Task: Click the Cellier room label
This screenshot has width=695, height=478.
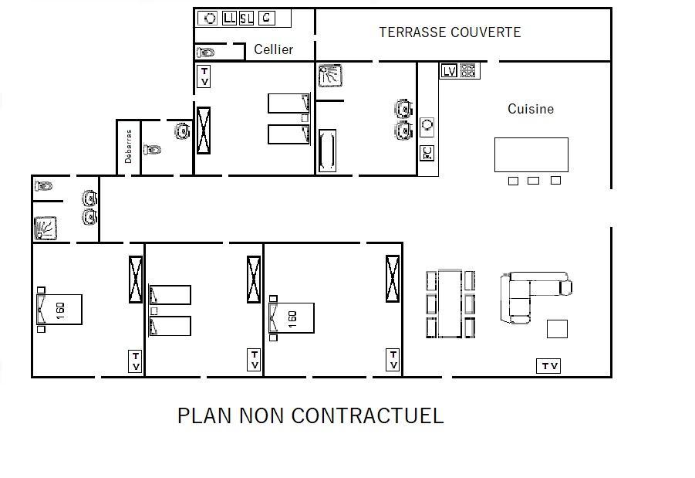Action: pyautogui.click(x=273, y=49)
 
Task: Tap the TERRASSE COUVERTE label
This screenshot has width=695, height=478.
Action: pyautogui.click(x=450, y=32)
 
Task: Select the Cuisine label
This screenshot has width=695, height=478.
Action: pyautogui.click(x=531, y=109)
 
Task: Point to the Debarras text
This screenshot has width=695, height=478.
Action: pyautogui.click(x=129, y=147)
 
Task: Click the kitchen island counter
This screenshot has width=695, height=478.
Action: pyautogui.click(x=531, y=154)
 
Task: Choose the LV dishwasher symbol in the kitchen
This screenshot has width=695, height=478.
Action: pyautogui.click(x=449, y=70)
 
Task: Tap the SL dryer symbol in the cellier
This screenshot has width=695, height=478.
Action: pyautogui.click(x=246, y=19)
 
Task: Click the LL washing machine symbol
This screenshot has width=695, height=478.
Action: pyautogui.click(x=229, y=19)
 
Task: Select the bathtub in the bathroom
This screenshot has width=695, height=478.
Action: pyautogui.click(x=328, y=151)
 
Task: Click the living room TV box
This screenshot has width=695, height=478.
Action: pyautogui.click(x=548, y=366)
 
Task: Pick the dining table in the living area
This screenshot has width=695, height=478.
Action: pyautogui.click(x=450, y=303)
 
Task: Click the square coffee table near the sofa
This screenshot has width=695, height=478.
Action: pyautogui.click(x=557, y=329)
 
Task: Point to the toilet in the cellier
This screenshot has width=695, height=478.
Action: pyautogui.click(x=205, y=53)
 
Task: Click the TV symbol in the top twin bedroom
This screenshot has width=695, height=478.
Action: pyautogui.click(x=204, y=76)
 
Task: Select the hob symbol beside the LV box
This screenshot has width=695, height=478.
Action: pyautogui.click(x=468, y=70)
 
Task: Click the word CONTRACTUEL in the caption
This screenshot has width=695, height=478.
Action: pyautogui.click(x=367, y=416)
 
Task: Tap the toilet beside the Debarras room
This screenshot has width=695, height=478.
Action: pyautogui.click(x=152, y=149)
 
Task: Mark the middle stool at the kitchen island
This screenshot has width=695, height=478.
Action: pyautogui.click(x=533, y=181)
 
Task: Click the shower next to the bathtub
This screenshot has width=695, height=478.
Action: pyautogui.click(x=330, y=76)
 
